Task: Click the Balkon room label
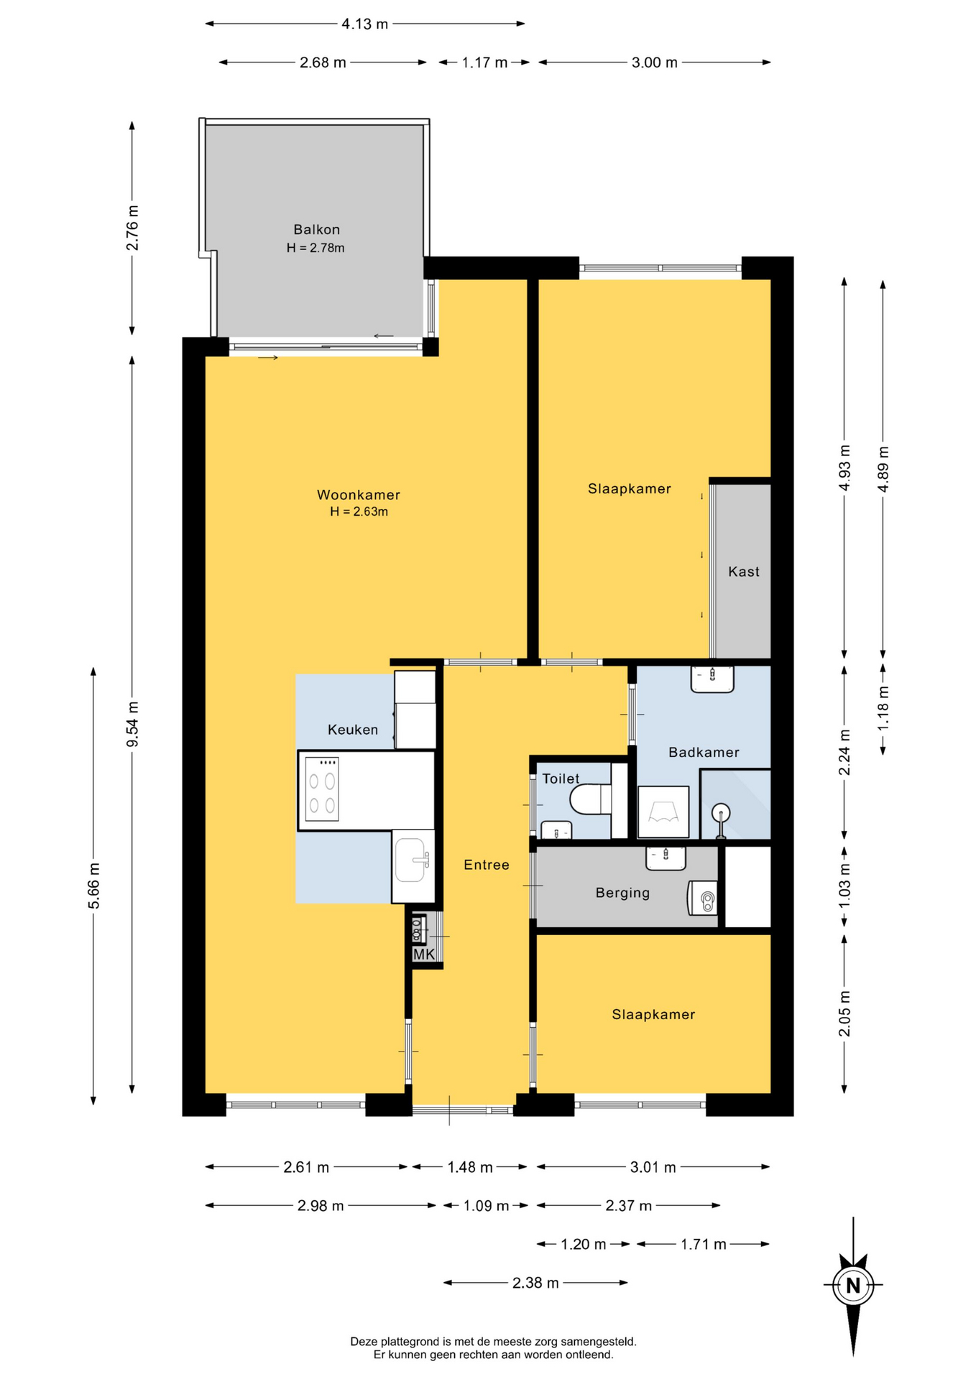[316, 230]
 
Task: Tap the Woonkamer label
[359, 495]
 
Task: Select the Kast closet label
[744, 572]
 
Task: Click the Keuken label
[353, 730]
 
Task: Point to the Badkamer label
[704, 752]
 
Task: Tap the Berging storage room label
[622, 893]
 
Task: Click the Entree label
[487, 865]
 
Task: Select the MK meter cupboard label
[424, 955]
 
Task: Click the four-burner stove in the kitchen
[322, 789]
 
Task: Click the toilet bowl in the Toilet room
[590, 799]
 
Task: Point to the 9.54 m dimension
[132, 725]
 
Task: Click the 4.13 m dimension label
[365, 24]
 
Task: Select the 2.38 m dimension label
[535, 1283]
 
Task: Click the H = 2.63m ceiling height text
[359, 511]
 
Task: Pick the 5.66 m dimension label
[93, 886]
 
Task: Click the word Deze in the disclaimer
[364, 1342]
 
